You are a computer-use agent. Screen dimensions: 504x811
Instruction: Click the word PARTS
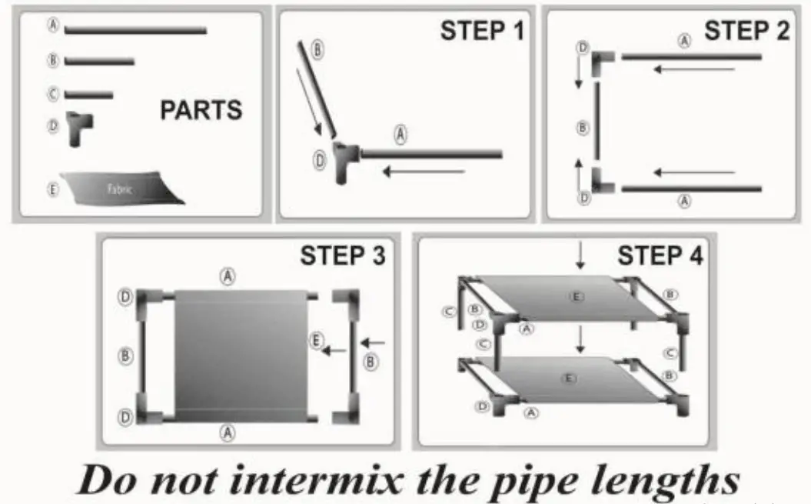(201, 110)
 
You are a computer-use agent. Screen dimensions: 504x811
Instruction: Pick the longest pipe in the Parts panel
(136, 31)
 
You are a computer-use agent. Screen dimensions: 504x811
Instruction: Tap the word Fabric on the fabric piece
(119, 188)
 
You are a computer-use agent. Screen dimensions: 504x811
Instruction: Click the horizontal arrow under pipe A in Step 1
(413, 171)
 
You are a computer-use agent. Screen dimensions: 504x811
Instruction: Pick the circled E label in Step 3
(315, 340)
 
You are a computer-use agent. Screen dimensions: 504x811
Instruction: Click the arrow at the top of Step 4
(580, 256)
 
